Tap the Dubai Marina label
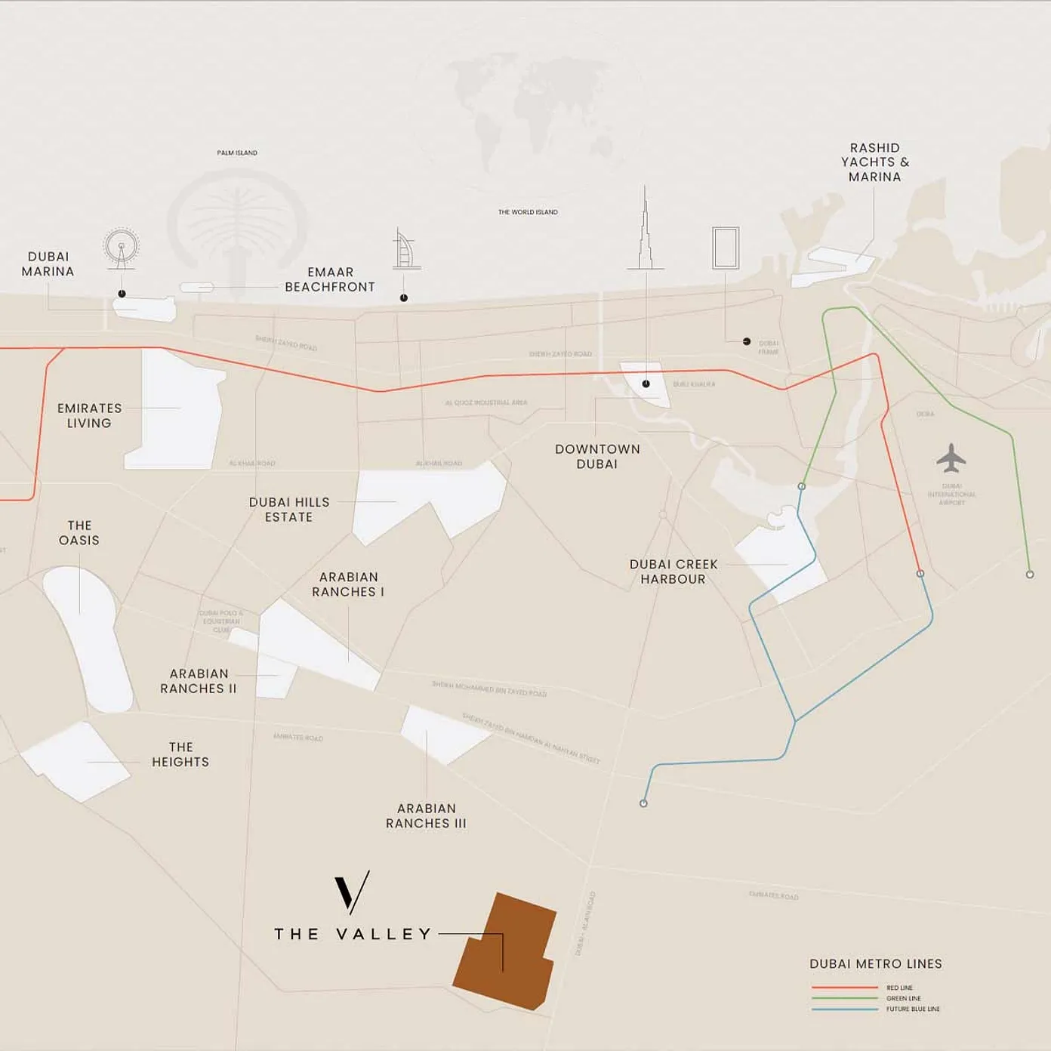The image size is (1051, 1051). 48,264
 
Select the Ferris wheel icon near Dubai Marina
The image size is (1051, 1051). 121,247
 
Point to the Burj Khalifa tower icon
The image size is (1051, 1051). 645,234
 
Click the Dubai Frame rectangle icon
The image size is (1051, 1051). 726,248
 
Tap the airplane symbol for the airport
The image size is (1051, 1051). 951,458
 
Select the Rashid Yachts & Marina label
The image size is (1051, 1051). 875,162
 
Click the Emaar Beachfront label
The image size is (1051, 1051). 330,279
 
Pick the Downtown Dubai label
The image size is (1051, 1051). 597,457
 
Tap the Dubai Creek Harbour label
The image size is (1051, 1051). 673,572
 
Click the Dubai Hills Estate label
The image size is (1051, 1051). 289,510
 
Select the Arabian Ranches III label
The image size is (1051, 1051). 426,816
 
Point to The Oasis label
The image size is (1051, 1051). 79,533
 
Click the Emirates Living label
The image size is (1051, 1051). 89,416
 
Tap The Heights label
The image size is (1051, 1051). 180,754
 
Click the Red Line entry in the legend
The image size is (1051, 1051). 899,988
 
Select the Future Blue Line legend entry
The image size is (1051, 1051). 912,1009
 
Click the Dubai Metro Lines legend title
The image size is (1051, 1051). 876,964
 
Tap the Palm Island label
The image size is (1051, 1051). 237,153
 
